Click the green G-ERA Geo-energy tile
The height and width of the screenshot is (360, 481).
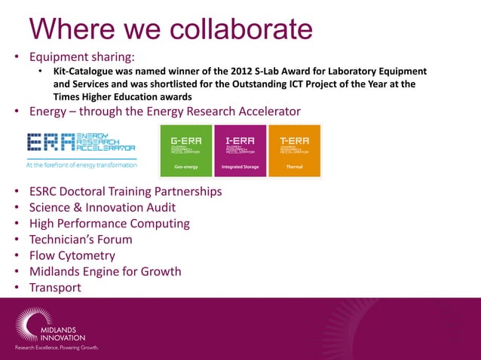click(x=186, y=151)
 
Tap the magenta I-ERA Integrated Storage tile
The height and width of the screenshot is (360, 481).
click(x=240, y=151)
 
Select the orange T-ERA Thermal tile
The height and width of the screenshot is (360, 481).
click(x=294, y=151)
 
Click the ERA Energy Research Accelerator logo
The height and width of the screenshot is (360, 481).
click(x=81, y=145)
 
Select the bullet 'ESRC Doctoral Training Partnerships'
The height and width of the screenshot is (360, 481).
click(x=125, y=191)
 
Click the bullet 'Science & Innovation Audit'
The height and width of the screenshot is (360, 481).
click(x=103, y=207)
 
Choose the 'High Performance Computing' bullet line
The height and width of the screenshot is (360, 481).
click(x=109, y=223)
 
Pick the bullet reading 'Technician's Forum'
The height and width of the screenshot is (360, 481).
click(x=81, y=239)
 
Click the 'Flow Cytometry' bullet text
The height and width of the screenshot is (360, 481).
click(x=72, y=255)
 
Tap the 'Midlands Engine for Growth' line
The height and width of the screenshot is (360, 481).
click(x=105, y=271)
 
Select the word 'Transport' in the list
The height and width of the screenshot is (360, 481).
click(x=55, y=288)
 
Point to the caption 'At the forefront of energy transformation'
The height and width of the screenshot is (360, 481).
click(x=81, y=164)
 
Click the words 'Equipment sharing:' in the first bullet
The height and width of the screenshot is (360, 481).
click(x=82, y=56)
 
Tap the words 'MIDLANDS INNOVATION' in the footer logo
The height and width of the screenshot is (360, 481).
click(x=63, y=333)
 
